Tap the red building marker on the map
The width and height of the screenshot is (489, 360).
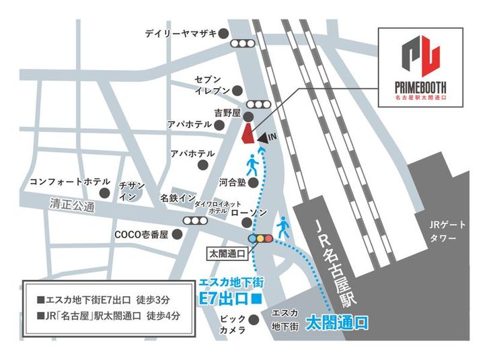pyautogui.click(x=247, y=133)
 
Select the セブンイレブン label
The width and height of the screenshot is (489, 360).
pyautogui.click(x=213, y=84)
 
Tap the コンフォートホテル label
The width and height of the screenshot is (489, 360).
pyautogui.click(x=60, y=182)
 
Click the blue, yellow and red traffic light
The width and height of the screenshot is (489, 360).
pyautogui.click(x=260, y=238)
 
